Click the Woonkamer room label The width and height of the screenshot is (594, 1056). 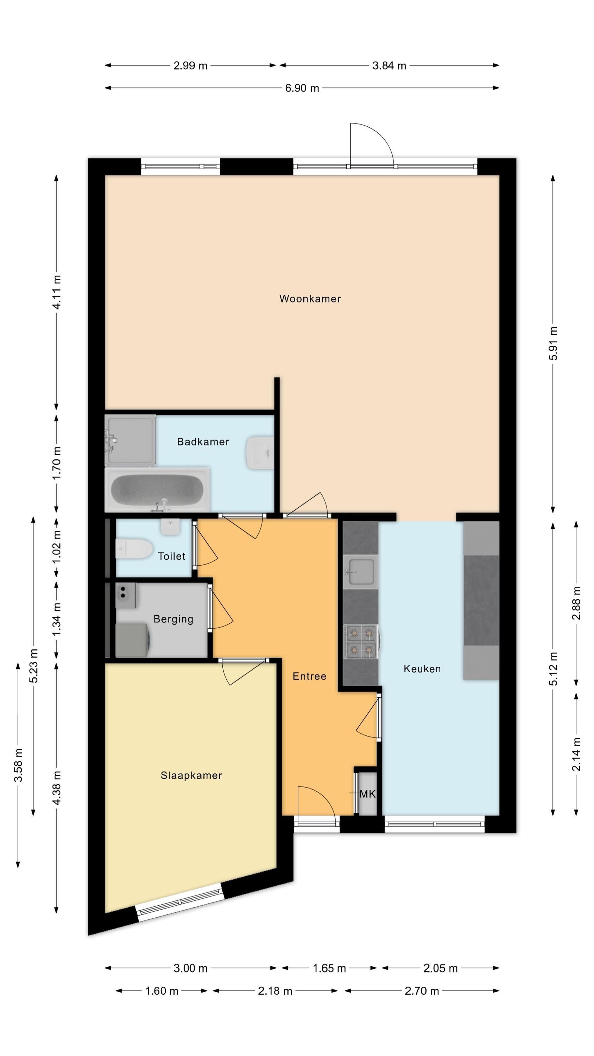click(310, 298)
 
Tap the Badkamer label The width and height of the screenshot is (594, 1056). click(203, 441)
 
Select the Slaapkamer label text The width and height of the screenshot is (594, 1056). click(191, 775)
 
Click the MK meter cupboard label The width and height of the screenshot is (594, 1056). click(368, 794)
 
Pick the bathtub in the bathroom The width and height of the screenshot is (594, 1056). click(157, 490)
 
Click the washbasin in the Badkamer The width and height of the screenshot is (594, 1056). click(259, 453)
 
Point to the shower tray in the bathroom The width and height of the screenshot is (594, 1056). click(130, 440)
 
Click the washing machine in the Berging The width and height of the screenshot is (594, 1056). click(133, 640)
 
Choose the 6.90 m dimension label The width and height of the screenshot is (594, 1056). click(302, 88)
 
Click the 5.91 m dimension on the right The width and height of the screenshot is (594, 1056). click(553, 344)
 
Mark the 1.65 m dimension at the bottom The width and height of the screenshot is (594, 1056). click(329, 968)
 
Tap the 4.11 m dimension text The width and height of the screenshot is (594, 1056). click(57, 292)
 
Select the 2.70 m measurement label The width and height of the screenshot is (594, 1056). click(422, 991)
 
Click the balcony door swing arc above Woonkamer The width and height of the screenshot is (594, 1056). click(378, 135)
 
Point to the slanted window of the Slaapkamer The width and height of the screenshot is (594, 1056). click(180, 902)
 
